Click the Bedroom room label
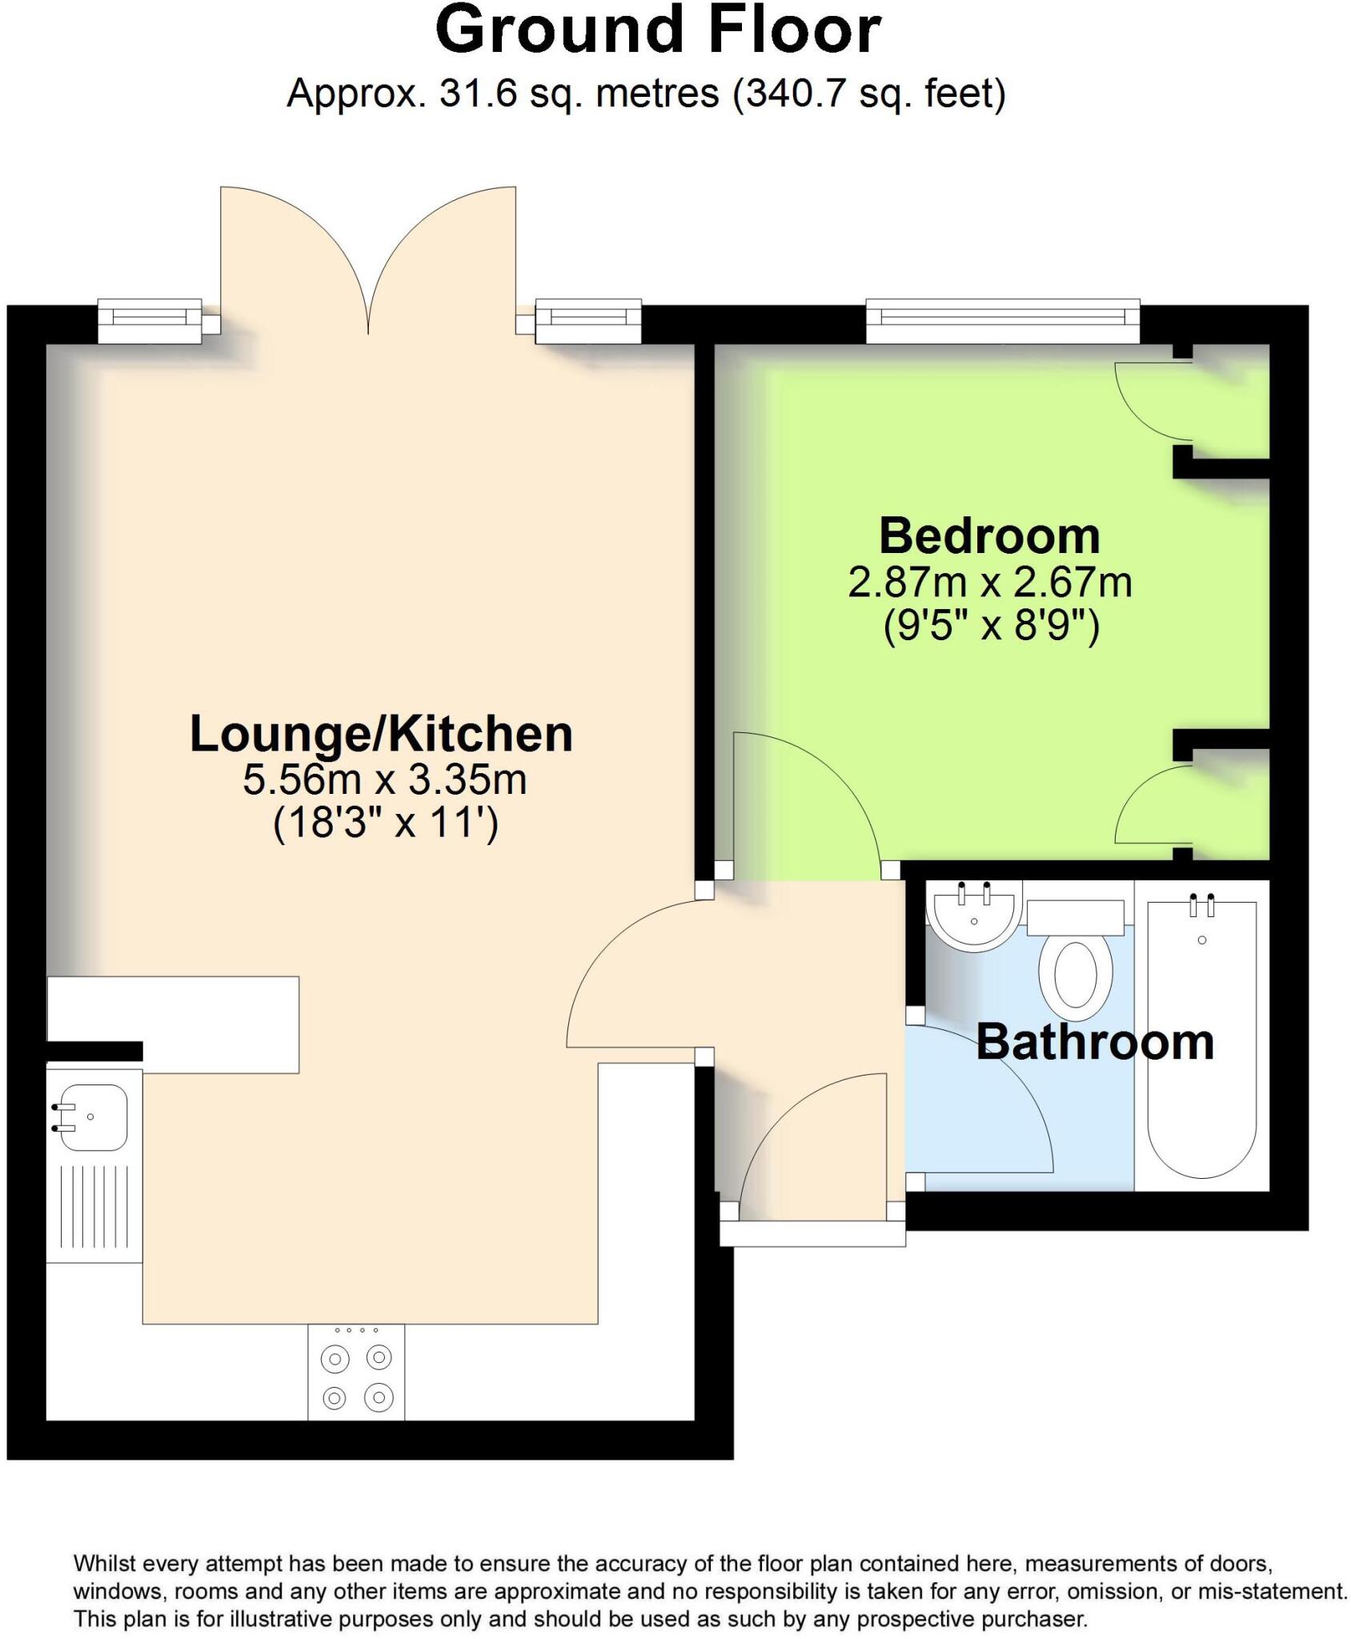click(x=989, y=536)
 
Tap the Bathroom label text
click(x=1094, y=1042)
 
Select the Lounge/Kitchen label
click(x=381, y=734)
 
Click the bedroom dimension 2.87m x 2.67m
click(x=989, y=583)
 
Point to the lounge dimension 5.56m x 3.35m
click(x=384, y=779)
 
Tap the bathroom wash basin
click(x=974, y=916)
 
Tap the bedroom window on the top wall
click(x=1002, y=319)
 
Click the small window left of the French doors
click(x=150, y=319)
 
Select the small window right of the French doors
click(x=587, y=319)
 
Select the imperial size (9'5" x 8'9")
click(x=991, y=626)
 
